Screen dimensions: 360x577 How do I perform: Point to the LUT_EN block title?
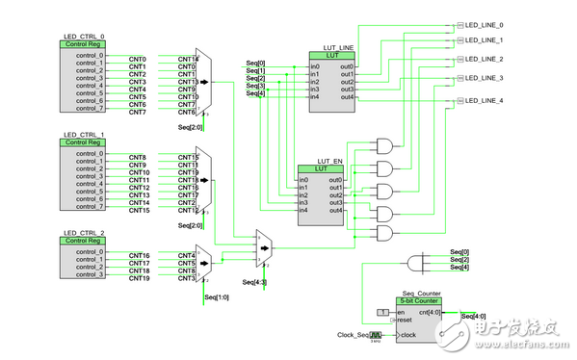329,162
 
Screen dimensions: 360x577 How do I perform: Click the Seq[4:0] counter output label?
474,316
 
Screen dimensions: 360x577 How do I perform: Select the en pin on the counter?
403,313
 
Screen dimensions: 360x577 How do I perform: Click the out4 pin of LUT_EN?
335,210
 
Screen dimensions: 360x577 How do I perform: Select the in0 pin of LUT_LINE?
315,65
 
